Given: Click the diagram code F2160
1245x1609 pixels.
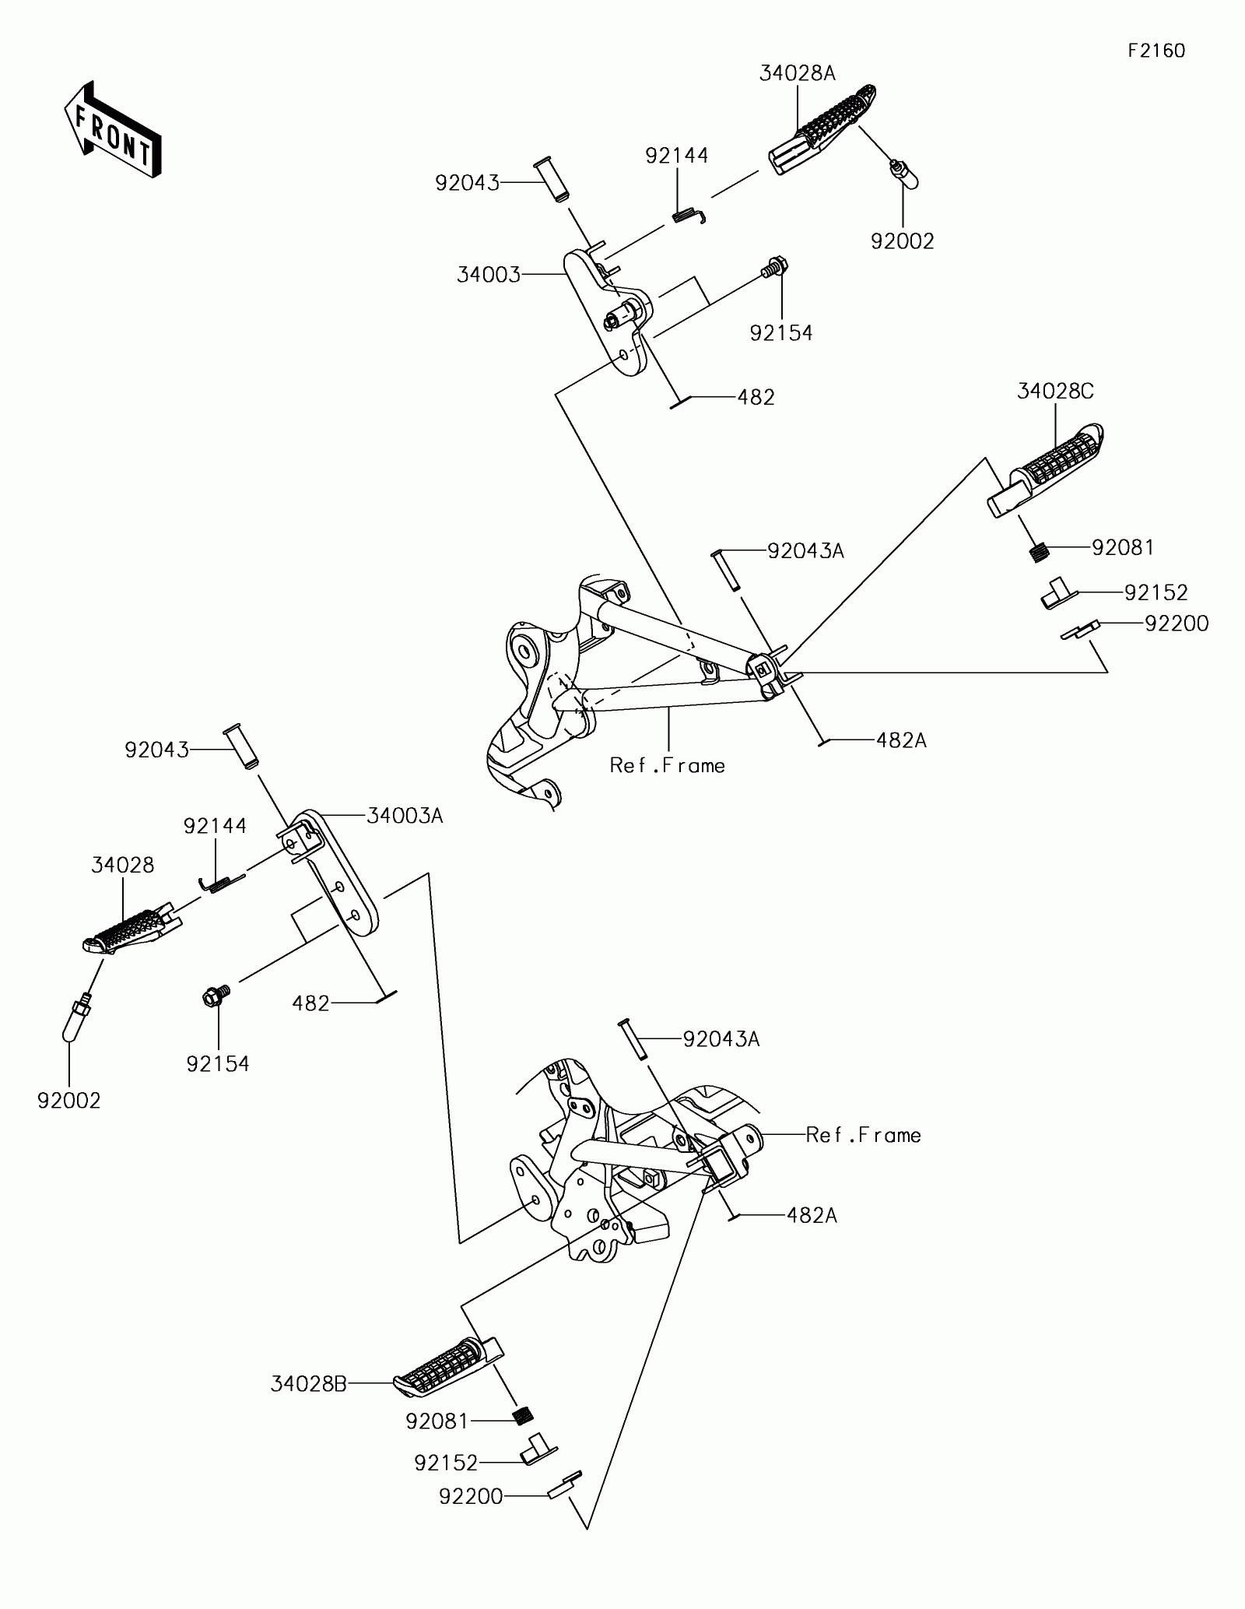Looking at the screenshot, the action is click(x=1157, y=51).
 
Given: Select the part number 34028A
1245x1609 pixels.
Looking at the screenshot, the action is click(x=798, y=73).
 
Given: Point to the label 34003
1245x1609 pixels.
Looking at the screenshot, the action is click(x=489, y=275).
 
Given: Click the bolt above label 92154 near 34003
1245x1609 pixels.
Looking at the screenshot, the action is click(x=775, y=268).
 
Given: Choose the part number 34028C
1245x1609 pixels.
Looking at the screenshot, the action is click(x=1055, y=391).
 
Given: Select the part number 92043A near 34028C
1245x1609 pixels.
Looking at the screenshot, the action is click(x=805, y=551).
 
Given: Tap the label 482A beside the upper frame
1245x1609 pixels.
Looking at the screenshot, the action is click(x=901, y=740).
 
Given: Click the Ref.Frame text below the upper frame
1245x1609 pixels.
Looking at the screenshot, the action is click(x=668, y=766).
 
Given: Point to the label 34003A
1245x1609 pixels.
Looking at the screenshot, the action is click(x=405, y=816).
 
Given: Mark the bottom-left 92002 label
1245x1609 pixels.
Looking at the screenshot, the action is click(x=69, y=1101).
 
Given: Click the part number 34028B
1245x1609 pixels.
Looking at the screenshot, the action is click(x=309, y=1383).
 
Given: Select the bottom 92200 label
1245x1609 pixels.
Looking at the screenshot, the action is click(x=471, y=1496).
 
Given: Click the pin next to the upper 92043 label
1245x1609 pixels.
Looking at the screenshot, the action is click(x=550, y=181).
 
